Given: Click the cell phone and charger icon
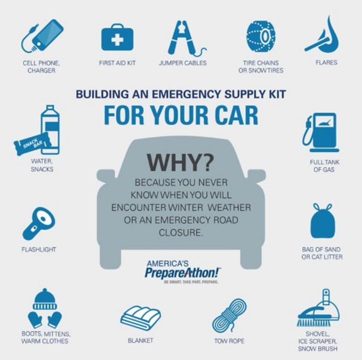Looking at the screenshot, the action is click(42, 36).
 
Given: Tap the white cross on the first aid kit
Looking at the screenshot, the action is click(117, 40).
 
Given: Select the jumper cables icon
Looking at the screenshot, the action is click(185, 38).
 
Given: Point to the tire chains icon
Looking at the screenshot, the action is click(261, 36).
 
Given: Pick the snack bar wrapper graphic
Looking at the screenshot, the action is click(32, 143).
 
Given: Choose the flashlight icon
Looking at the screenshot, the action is click(39, 223).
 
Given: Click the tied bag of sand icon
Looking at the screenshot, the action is click(322, 221).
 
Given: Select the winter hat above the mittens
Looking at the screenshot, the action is click(45, 299).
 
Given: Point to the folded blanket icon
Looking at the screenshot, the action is click(140, 317).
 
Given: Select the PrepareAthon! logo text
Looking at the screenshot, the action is click(182, 273).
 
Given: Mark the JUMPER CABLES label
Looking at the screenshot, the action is click(182, 63).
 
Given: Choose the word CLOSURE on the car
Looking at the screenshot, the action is click(181, 232).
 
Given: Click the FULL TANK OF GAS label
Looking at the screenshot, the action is click(325, 166).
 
